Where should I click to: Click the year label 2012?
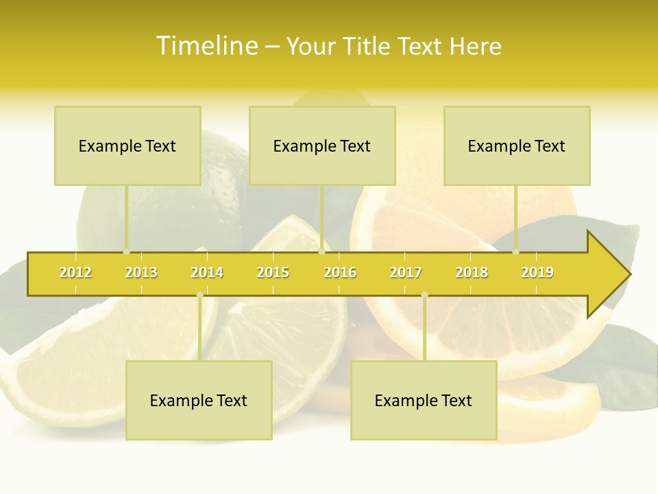[x=75, y=272]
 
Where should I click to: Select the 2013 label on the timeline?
[x=141, y=272]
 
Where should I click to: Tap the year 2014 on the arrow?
[x=207, y=272]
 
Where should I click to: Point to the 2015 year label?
[x=273, y=272]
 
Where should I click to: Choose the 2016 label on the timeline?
[x=340, y=272]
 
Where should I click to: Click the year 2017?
[x=406, y=272]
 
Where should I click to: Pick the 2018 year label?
[x=472, y=272]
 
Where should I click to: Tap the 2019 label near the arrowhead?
[x=537, y=272]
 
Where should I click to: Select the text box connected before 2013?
[x=127, y=145]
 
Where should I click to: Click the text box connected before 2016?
[x=322, y=145]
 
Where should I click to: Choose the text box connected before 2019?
[x=517, y=145]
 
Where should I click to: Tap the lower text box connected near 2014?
[x=199, y=400]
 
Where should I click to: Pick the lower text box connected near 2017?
[x=424, y=400]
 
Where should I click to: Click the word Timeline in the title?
[x=206, y=46]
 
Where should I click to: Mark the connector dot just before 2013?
[x=127, y=251]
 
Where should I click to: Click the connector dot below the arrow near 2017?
[x=424, y=295]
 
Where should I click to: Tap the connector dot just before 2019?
[x=516, y=251]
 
